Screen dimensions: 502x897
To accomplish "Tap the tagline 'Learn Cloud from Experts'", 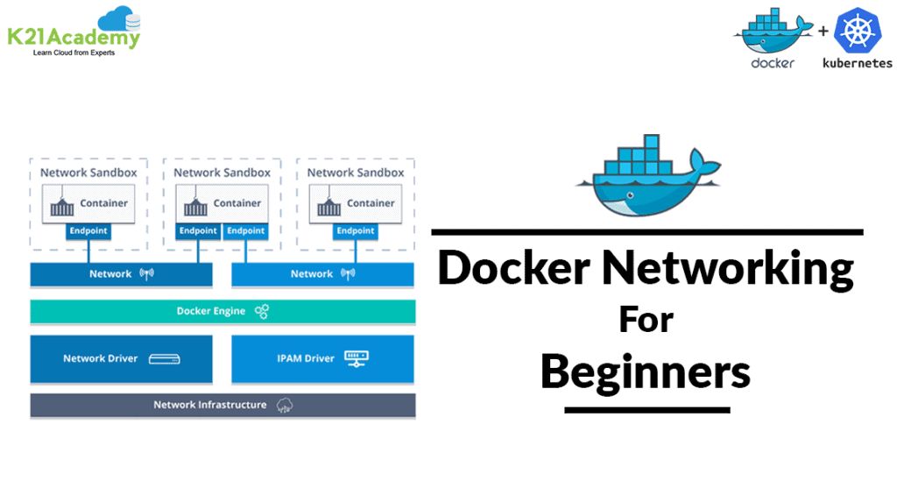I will tap(74, 53).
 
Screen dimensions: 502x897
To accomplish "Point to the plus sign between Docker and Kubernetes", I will tap(823, 32).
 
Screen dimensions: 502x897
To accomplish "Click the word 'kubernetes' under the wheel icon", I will tap(857, 63).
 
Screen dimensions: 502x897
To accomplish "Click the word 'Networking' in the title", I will tap(728, 268).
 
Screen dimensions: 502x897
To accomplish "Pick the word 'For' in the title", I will tap(646, 319).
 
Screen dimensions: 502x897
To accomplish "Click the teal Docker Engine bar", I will tap(222, 311).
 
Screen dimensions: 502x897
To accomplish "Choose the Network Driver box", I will tap(121, 358).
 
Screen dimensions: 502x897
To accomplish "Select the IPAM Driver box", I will tap(322, 358).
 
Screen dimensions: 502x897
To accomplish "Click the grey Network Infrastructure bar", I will tap(222, 405).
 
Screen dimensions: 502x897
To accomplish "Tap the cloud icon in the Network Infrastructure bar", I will tap(284, 405).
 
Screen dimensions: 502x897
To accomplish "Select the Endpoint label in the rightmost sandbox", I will tap(356, 231).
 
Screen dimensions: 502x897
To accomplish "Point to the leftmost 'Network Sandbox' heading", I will tap(88, 173).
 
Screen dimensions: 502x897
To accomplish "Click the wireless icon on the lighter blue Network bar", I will tap(349, 274).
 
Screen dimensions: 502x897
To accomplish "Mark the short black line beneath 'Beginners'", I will tap(646, 409).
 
